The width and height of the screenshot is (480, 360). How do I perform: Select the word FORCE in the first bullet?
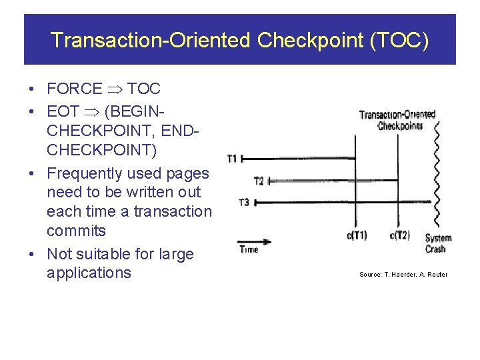[x=75, y=89]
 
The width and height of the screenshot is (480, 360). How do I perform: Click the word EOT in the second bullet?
[x=63, y=112]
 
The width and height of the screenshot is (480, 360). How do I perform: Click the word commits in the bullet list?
[x=76, y=231]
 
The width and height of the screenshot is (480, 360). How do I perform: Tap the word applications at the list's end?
[x=89, y=273]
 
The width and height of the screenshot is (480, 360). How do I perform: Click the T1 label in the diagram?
[x=232, y=159]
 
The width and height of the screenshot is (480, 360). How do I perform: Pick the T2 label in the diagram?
[x=259, y=181]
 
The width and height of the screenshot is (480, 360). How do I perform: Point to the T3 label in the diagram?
[x=244, y=202]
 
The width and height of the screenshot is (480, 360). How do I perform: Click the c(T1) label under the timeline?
[x=357, y=235]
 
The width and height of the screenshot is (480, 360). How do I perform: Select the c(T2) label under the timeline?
[x=399, y=235]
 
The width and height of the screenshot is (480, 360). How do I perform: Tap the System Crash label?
[x=437, y=243]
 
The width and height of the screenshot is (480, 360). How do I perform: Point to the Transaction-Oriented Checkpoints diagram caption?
[x=397, y=119]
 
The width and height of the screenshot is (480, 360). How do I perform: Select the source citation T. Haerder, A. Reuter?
[x=403, y=275]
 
